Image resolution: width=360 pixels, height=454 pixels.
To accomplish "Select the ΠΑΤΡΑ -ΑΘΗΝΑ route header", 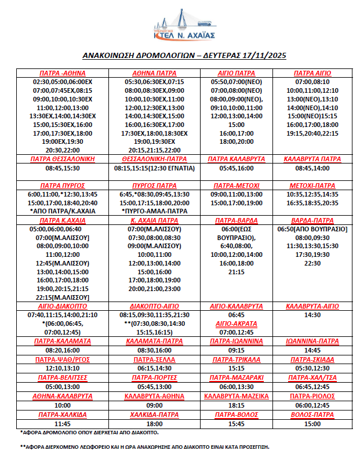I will click(x=63, y=74).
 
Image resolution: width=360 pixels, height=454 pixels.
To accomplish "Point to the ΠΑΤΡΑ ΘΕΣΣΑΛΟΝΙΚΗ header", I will click(x=63, y=158).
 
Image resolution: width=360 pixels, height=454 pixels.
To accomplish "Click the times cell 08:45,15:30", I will click(x=63, y=168).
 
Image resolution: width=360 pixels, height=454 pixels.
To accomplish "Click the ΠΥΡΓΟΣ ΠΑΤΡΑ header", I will click(x=152, y=185).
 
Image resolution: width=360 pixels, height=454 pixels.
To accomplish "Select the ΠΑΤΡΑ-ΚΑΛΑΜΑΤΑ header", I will click(x=63, y=341).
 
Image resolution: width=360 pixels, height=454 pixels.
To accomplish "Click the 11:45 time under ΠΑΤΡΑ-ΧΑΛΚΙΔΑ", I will click(x=63, y=424).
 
